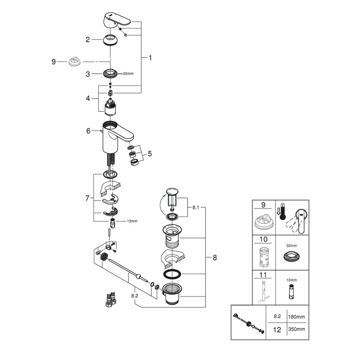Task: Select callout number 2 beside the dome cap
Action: coord(87,40)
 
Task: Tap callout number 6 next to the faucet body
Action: coord(88,131)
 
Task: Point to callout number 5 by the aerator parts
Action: coord(149,153)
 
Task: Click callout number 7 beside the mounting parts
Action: coord(87,198)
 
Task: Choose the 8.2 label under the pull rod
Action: coord(135,295)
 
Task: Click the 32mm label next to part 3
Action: coord(128,73)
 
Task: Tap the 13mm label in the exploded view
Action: coord(132,221)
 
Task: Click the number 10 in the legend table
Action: coord(263,239)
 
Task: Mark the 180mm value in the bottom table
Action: coord(296,317)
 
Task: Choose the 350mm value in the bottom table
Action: coord(296,329)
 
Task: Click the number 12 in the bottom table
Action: coord(277,329)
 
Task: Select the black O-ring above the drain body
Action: coord(172,274)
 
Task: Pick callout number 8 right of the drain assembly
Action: coord(215,257)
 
